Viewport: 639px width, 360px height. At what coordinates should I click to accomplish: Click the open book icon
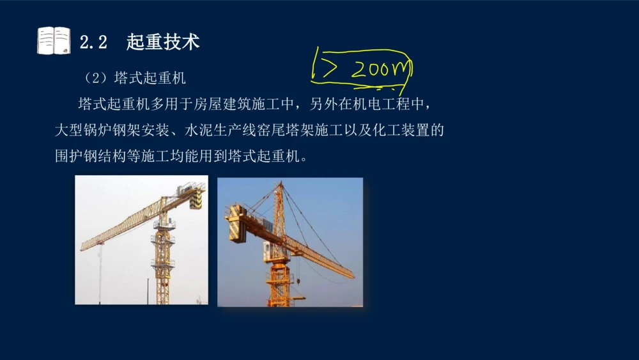point(54,41)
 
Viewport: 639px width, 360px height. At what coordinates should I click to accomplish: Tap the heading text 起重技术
point(163,42)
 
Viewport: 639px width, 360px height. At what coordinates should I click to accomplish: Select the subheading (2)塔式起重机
point(135,79)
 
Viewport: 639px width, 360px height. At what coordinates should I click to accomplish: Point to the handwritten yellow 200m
point(380,68)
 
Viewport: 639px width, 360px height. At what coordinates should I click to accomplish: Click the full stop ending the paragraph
point(303,158)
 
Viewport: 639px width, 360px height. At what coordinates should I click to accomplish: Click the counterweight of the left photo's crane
point(195,199)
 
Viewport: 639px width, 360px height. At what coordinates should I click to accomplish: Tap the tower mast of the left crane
point(163,256)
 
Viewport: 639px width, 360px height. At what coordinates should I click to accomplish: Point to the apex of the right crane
point(279,185)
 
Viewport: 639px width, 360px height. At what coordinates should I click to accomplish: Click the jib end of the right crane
point(351,276)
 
